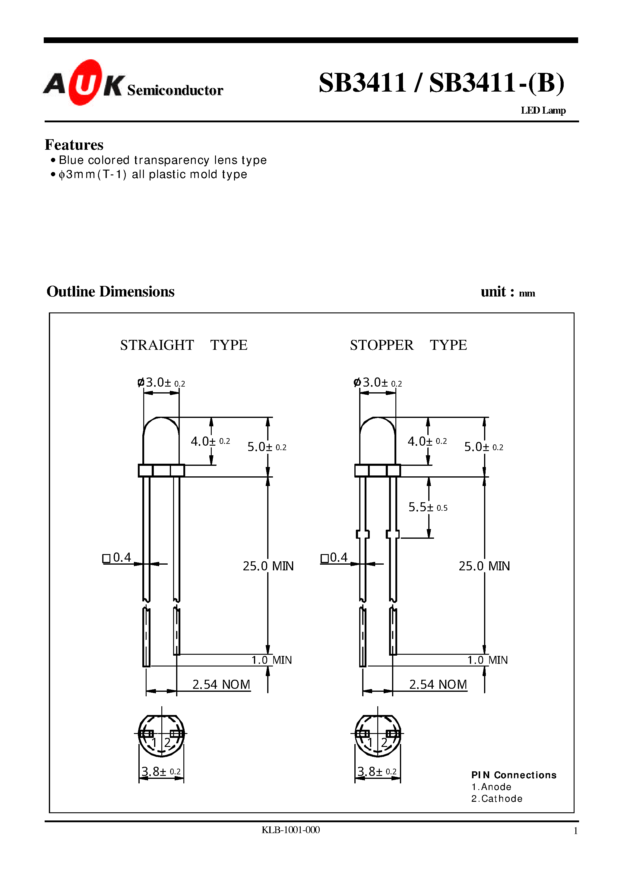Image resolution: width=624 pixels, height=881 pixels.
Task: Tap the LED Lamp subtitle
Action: pyautogui.click(x=543, y=111)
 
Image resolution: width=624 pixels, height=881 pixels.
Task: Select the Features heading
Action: pyautogui.click(x=74, y=145)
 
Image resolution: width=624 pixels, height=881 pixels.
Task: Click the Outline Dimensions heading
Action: pyautogui.click(x=110, y=292)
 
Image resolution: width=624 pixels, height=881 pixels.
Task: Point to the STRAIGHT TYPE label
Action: pyautogui.click(x=184, y=345)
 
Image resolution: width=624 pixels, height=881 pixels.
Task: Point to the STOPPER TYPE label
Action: pyautogui.click(x=408, y=345)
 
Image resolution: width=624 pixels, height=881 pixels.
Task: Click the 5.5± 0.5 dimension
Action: pyautogui.click(x=428, y=507)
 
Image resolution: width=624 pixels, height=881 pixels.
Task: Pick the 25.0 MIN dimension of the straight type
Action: pyautogui.click(x=268, y=566)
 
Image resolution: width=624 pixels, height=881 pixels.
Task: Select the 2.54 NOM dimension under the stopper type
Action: pyautogui.click(x=438, y=685)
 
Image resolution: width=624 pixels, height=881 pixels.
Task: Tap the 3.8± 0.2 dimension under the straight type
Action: pyautogui.click(x=161, y=771)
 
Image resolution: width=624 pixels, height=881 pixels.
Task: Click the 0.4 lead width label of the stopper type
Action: pyautogui.click(x=334, y=557)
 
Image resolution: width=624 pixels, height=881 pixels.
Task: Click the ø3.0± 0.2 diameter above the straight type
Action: pyautogui.click(x=161, y=382)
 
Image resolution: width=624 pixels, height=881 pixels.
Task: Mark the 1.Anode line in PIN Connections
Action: pyautogui.click(x=491, y=787)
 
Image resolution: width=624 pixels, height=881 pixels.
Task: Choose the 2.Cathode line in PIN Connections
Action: pyautogui.click(x=496, y=798)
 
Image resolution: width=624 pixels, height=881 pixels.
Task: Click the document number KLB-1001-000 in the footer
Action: pyautogui.click(x=290, y=830)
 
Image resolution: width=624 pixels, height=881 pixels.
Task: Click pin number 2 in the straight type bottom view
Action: pyautogui.click(x=167, y=742)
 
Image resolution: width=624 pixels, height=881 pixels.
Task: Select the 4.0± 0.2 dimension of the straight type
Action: pyautogui.click(x=210, y=441)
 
